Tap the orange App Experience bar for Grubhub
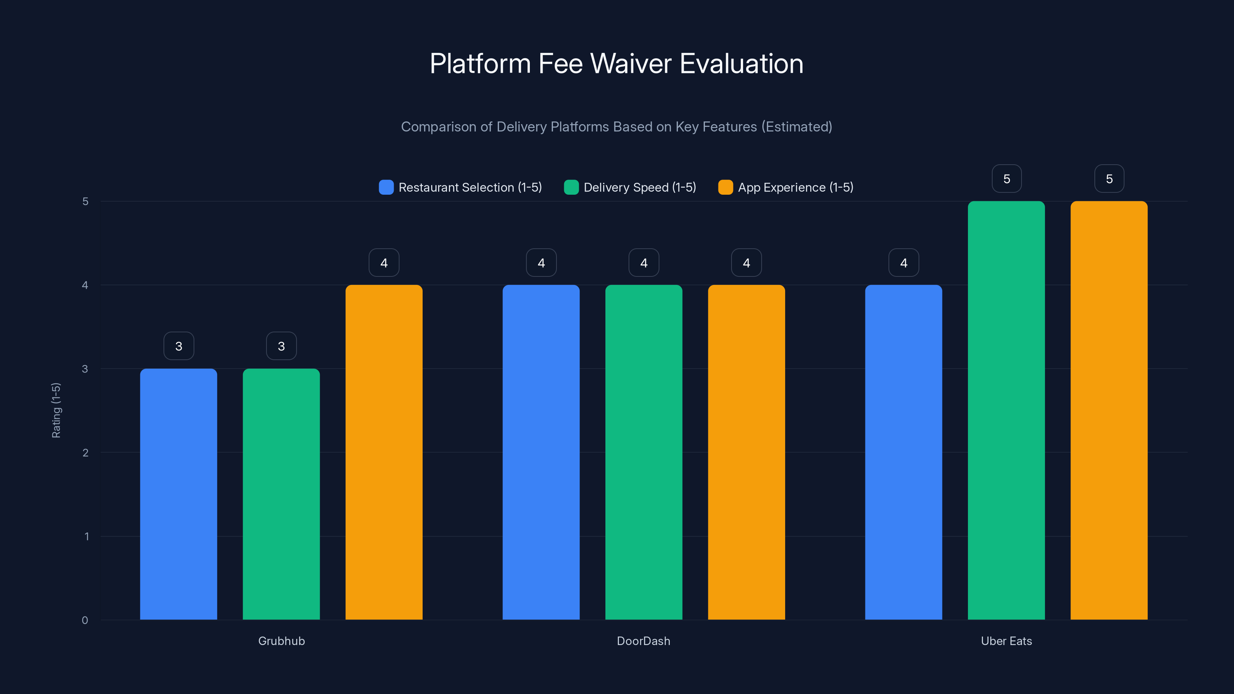click(384, 452)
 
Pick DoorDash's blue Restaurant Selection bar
click(541, 452)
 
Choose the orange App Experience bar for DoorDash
click(746, 452)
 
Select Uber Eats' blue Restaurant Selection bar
click(904, 452)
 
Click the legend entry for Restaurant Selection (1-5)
click(460, 187)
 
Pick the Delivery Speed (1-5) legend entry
click(630, 187)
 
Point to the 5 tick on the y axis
click(85, 201)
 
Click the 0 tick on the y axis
click(85, 620)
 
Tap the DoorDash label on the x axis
click(643, 641)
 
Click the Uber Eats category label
click(1006, 641)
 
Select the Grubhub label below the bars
click(281, 641)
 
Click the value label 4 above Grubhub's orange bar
click(384, 263)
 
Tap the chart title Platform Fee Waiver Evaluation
click(617, 63)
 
